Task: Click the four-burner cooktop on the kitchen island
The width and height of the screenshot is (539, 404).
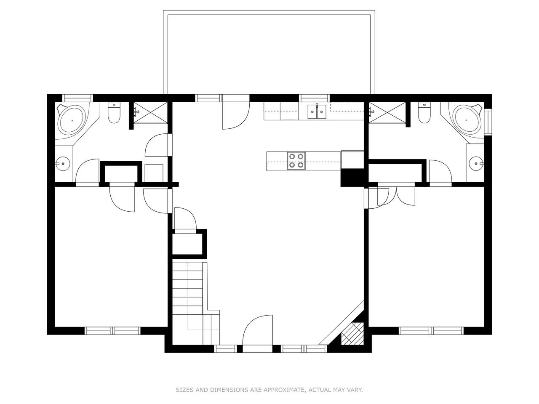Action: pyautogui.click(x=296, y=161)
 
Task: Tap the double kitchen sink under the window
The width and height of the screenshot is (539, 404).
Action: pyautogui.click(x=317, y=112)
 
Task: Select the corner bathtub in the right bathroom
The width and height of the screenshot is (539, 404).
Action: pyautogui.click(x=466, y=120)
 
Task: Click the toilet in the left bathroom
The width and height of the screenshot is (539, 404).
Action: pyautogui.click(x=114, y=113)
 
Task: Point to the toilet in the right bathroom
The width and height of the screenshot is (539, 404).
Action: pyautogui.click(x=424, y=113)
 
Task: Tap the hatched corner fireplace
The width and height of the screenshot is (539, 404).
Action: pyautogui.click(x=352, y=333)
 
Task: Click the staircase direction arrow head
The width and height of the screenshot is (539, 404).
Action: pyautogui.click(x=187, y=264)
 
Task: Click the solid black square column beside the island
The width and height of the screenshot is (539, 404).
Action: pyautogui.click(x=352, y=178)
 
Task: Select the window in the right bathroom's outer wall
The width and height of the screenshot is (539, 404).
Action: pyautogui.click(x=488, y=122)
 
